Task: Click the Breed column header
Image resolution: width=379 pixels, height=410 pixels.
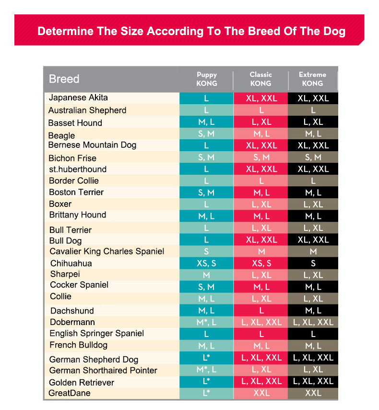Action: (x=64, y=79)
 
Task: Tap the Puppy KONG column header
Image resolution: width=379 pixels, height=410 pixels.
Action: (x=207, y=79)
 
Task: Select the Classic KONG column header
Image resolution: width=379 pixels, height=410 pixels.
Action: (x=261, y=79)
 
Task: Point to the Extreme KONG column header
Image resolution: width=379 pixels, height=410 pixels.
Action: (x=312, y=79)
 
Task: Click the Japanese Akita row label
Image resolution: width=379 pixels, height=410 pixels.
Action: (x=78, y=98)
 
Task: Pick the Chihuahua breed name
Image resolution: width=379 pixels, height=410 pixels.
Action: (x=71, y=263)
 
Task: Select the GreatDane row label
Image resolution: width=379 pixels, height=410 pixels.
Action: (x=70, y=393)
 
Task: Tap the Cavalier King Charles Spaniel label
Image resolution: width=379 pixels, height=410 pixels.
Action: (x=107, y=252)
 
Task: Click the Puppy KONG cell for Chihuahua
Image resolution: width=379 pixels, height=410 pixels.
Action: (x=207, y=263)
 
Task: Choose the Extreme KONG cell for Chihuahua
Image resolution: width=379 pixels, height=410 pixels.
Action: (x=313, y=263)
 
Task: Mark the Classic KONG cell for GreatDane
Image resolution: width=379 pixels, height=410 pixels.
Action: (x=261, y=393)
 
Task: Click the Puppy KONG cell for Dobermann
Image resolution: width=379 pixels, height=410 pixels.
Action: (x=207, y=322)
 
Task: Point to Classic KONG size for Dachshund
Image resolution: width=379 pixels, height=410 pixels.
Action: (x=261, y=311)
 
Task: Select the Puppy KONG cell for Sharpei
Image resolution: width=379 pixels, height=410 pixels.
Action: (x=207, y=275)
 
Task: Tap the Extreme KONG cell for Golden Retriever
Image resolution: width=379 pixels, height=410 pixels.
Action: (x=313, y=381)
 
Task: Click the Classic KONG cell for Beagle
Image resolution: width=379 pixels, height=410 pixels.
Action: (x=261, y=134)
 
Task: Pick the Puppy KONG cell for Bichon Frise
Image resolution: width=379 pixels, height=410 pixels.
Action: (x=207, y=157)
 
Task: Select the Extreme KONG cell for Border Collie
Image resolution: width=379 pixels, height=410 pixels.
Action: (x=313, y=181)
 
